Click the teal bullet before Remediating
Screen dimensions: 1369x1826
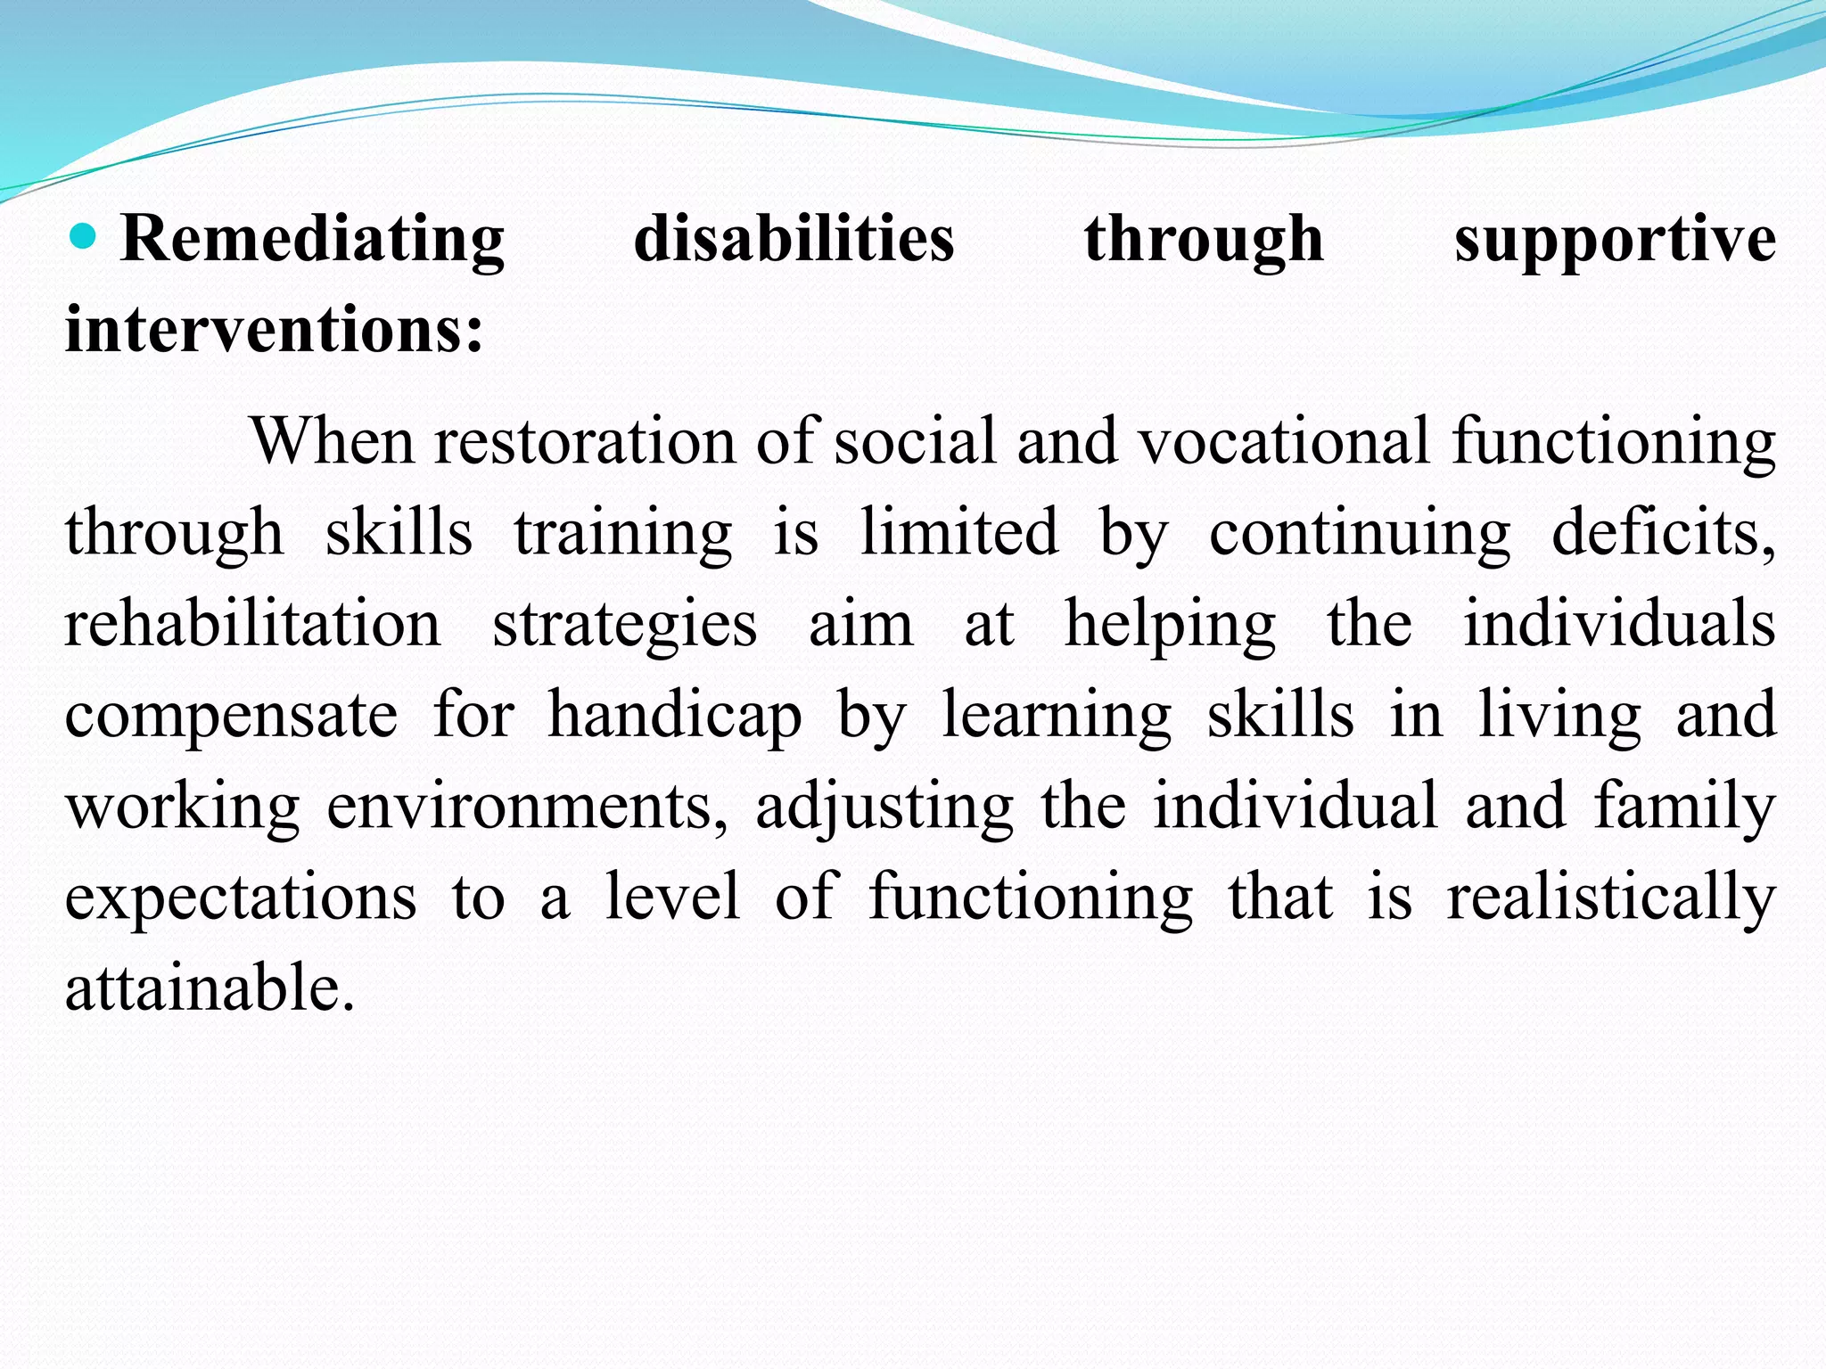tap(82, 236)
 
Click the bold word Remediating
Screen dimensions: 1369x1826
tap(312, 241)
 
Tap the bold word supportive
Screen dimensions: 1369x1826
tap(1615, 241)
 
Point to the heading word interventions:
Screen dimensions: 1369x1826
tap(275, 330)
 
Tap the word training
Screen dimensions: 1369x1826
tap(622, 533)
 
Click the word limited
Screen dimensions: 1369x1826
tap(959, 532)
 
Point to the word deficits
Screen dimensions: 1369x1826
tap(1664, 532)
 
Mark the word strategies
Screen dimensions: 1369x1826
tap(624, 626)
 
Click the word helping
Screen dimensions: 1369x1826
tap(1170, 626)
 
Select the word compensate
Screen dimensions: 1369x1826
tap(231, 717)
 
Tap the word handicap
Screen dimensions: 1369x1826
tap(675, 717)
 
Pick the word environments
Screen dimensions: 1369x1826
tap(527, 807)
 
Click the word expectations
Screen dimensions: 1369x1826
tap(241, 898)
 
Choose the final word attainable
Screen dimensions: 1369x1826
tap(210, 988)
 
